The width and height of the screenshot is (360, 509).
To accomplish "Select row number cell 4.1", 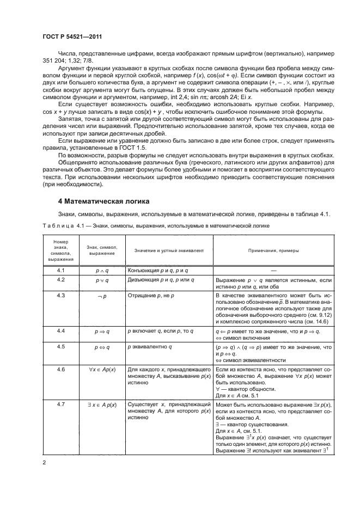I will (x=60, y=270).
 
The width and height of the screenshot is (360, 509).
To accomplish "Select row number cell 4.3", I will (x=60, y=296).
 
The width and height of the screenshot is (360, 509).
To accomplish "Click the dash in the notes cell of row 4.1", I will (x=273, y=270).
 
